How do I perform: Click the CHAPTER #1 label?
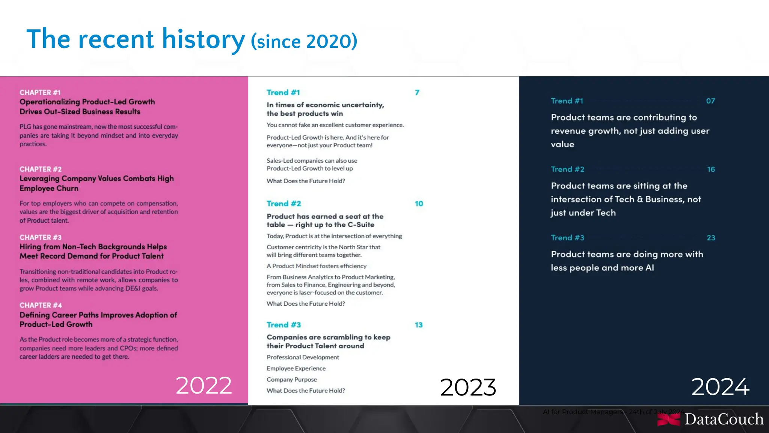pyautogui.click(x=40, y=92)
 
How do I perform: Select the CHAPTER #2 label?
pyautogui.click(x=41, y=169)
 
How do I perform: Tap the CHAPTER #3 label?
pyautogui.click(x=41, y=237)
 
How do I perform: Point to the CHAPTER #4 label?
pyautogui.click(x=41, y=305)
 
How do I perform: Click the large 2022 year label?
pyautogui.click(x=204, y=386)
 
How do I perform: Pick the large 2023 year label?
pyautogui.click(x=468, y=387)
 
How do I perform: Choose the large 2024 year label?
pyautogui.click(x=720, y=387)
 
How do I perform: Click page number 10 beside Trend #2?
pyautogui.click(x=419, y=204)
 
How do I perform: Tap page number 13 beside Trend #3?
pyautogui.click(x=419, y=325)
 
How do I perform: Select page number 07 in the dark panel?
pyautogui.click(x=710, y=101)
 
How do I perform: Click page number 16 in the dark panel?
pyautogui.click(x=711, y=169)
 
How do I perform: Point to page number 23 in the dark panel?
pyautogui.click(x=711, y=238)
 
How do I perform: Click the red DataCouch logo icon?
pyautogui.click(x=668, y=419)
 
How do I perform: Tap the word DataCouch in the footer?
pyautogui.click(x=724, y=419)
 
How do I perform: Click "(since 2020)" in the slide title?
pyautogui.click(x=304, y=41)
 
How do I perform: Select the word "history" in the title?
pyautogui.click(x=203, y=39)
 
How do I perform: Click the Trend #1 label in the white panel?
pyautogui.click(x=283, y=92)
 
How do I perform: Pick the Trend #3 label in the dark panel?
pyautogui.click(x=567, y=238)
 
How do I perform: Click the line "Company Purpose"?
pyautogui.click(x=292, y=379)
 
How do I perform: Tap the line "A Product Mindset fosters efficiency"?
pyautogui.click(x=317, y=266)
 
